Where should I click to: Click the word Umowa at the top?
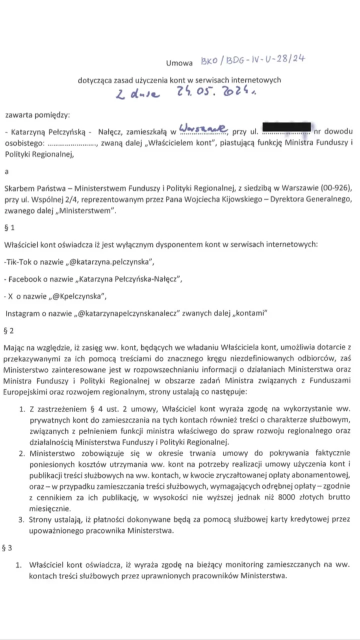[x=179, y=63]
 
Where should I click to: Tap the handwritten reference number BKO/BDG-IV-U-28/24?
[x=252, y=60]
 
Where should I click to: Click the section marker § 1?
[x=10, y=228]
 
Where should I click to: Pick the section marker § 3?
[x=7, y=547]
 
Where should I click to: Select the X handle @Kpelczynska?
[x=77, y=296]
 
